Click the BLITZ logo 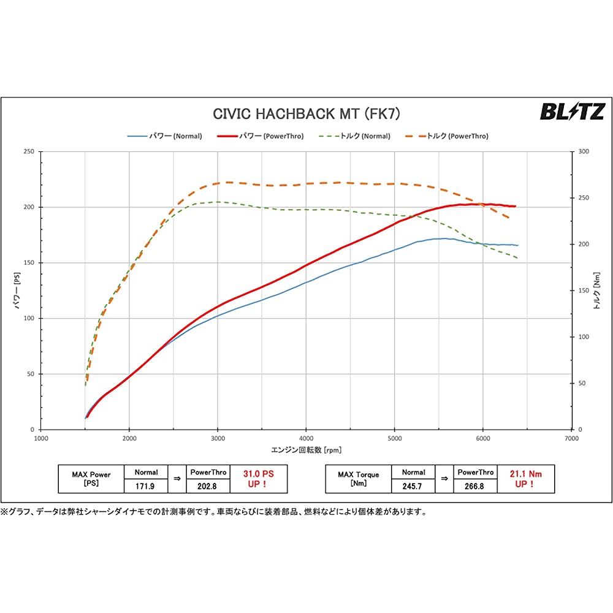pos(571,112)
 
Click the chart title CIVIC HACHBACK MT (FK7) pos(306,113)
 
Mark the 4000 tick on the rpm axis pos(306,439)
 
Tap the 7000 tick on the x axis pos(571,439)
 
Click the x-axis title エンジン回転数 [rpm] pos(306,450)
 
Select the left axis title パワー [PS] pos(18,291)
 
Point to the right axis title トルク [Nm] pos(596,291)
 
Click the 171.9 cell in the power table pos(146,485)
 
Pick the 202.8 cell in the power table pos(208,485)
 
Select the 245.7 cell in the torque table pos(413,485)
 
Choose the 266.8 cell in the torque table pos(476,485)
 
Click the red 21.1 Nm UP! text pos(526,479)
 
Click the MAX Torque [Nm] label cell pos(358,479)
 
